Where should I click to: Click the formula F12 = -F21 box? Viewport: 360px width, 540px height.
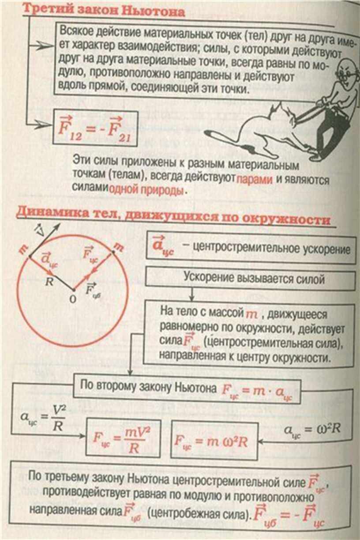pos(95,128)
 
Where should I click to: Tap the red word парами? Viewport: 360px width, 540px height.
pos(255,179)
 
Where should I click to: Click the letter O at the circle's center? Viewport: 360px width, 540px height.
pos(72,299)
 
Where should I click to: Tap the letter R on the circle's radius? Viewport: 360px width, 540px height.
pos(49,281)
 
